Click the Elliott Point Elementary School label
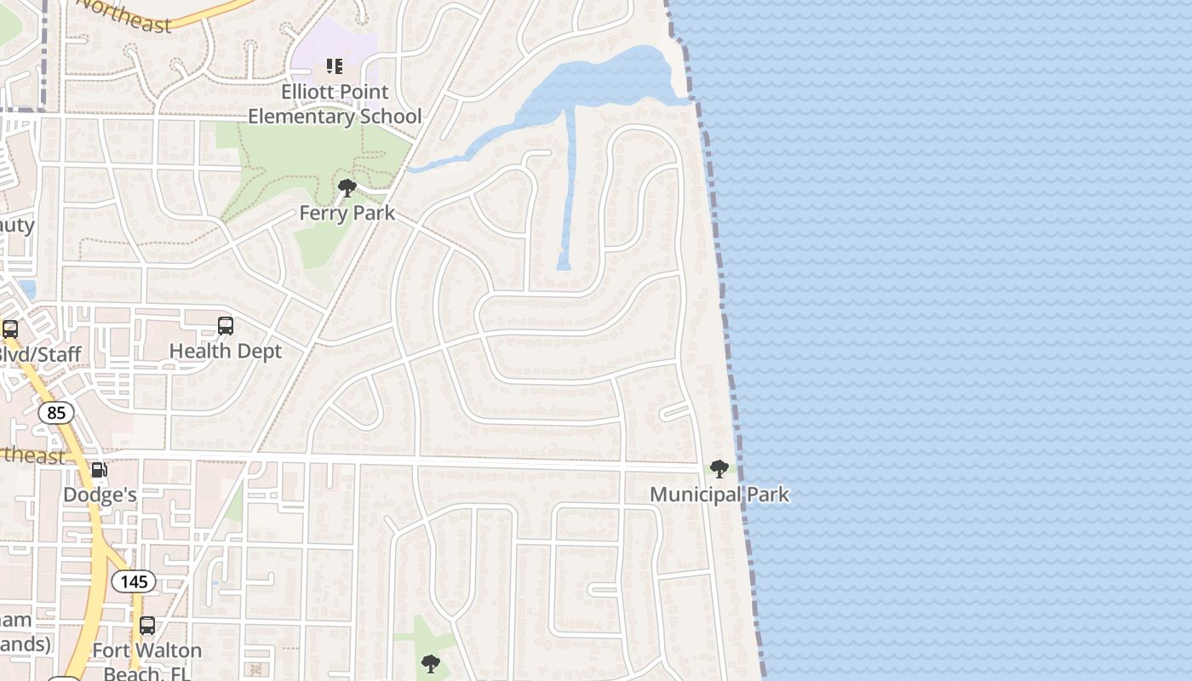pos(335,104)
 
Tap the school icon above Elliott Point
pos(335,66)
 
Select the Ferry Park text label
pos(347,213)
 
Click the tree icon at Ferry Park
pos(347,188)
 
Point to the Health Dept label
pos(225,351)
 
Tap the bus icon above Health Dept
pos(225,326)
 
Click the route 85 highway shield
pos(56,414)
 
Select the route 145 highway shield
pos(134,582)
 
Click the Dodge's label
pos(100,495)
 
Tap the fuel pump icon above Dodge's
pos(100,470)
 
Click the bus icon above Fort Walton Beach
pos(147,627)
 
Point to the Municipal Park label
pos(719,495)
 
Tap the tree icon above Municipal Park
pos(719,469)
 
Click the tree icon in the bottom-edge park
pos(431,663)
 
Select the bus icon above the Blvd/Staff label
pos(10,329)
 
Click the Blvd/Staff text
pos(39,354)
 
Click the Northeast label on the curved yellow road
pos(128,15)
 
